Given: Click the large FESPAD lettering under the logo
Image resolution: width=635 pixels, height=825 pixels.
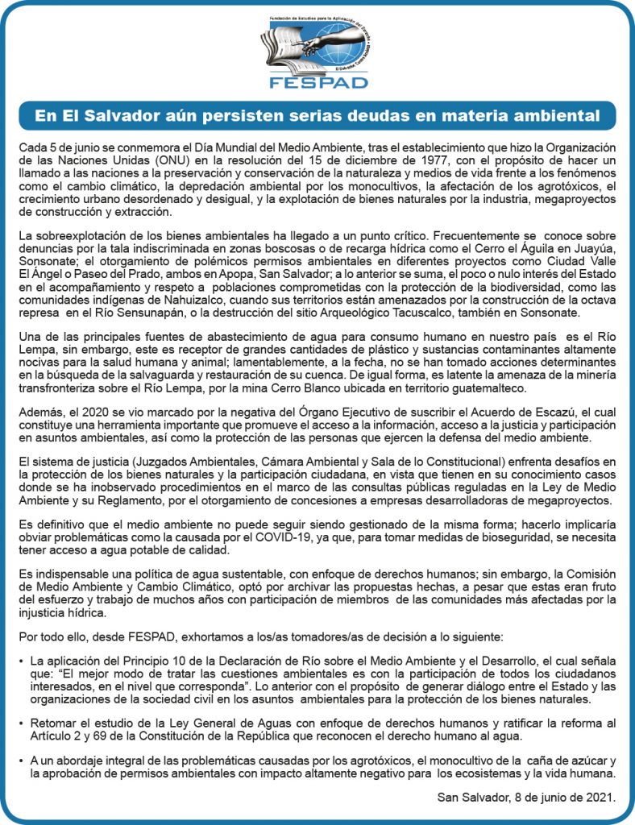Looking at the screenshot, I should pos(318,82).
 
